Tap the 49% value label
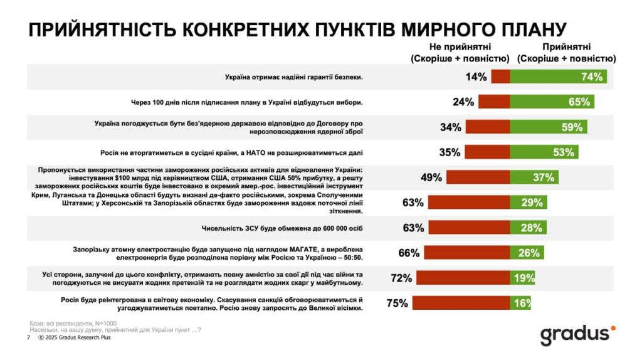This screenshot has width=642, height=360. tap(433, 177)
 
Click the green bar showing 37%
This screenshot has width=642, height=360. tap(534, 177)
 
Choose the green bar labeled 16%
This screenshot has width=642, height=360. tap(520, 304)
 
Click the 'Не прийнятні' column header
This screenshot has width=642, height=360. tap(460, 53)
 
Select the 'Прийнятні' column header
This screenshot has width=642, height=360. tap(566, 53)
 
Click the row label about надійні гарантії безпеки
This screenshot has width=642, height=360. tap(294, 77)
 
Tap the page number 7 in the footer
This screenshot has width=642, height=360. tap(28, 337)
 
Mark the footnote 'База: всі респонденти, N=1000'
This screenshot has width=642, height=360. tap(75, 323)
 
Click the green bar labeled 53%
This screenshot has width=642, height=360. tap(544, 152)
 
